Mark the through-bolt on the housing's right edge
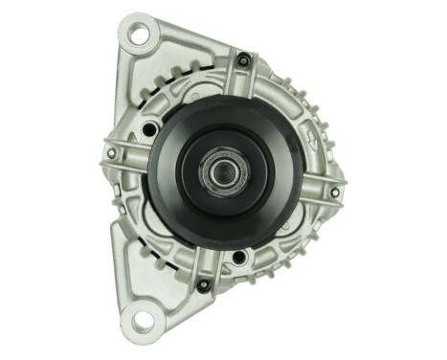[x=334, y=191]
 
